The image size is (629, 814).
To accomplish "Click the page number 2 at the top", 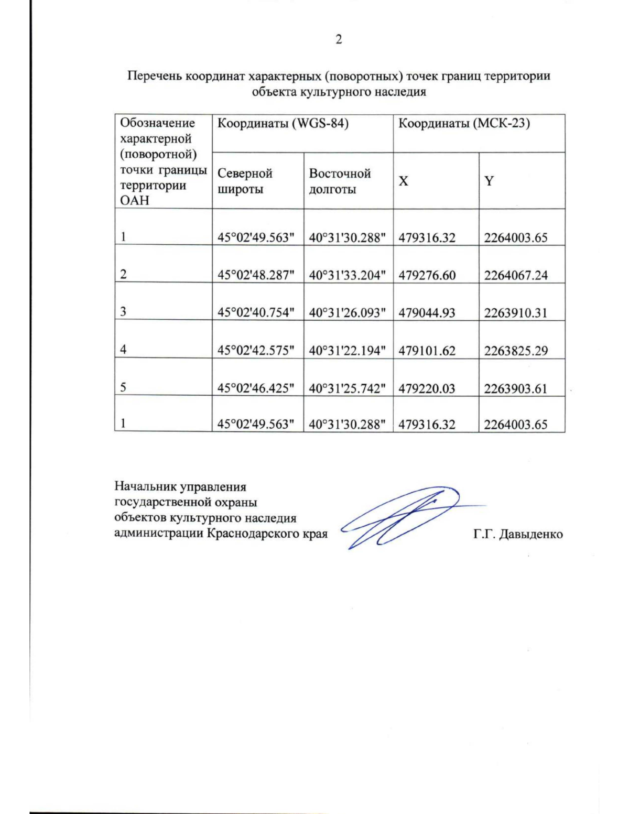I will [x=338, y=40].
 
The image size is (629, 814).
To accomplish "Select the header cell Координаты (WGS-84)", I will [x=283, y=124].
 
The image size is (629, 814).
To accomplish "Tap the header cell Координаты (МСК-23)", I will [x=464, y=124].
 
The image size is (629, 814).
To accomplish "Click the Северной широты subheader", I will [x=245, y=181].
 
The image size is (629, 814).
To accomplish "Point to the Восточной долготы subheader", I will [x=340, y=181].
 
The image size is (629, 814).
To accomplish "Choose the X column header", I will [x=403, y=181].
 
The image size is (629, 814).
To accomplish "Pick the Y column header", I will [x=489, y=181].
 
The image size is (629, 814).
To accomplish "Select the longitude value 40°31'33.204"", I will [x=347, y=275].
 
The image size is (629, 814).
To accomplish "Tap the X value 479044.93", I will [x=427, y=313].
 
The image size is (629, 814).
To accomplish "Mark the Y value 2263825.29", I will [x=515, y=351].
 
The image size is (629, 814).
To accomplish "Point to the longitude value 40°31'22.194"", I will [x=347, y=351].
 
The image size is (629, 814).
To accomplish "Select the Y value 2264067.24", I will [x=515, y=275].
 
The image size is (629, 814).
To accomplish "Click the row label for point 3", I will [x=123, y=312].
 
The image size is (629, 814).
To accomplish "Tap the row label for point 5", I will [x=123, y=387].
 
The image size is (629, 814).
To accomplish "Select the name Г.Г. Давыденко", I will [x=517, y=534].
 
